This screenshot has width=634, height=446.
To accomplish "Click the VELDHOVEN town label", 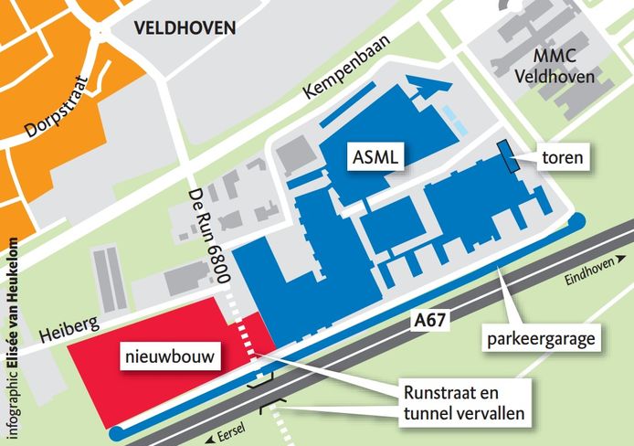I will coord(185,28).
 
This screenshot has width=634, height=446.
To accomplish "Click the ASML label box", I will coord(376,157).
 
